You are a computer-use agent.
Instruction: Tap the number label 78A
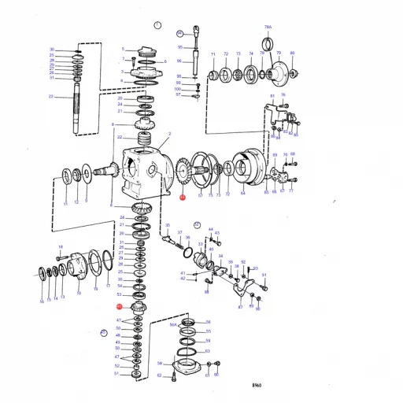click(268, 28)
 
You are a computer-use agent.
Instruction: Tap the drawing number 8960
click(257, 385)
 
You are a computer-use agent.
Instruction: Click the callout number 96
click(179, 61)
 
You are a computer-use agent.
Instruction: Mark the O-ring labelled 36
click(187, 252)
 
